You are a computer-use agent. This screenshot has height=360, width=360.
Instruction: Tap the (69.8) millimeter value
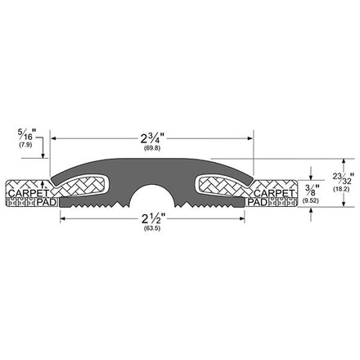pyautogui.click(x=152, y=148)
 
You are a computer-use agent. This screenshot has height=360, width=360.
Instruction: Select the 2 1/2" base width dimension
pyautogui.click(x=152, y=218)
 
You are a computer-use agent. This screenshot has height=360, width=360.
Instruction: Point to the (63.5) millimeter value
pyautogui.click(x=152, y=228)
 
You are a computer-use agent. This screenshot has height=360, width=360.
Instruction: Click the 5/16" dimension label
pyautogui.click(x=27, y=134)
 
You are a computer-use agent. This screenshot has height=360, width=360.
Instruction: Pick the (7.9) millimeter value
pyautogui.click(x=25, y=145)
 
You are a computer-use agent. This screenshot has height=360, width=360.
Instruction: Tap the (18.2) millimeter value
pyautogui.click(x=341, y=189)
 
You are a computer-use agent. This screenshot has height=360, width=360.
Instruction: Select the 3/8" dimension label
pyautogui.click(x=312, y=190)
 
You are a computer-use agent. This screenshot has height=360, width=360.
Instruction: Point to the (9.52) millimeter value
pyautogui.click(x=311, y=201)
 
